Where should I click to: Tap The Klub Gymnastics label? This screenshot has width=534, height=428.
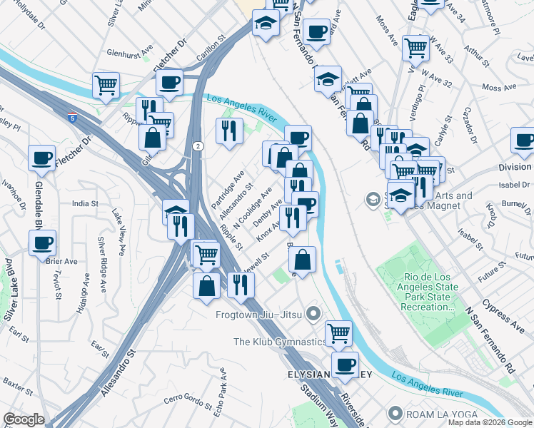[279, 342]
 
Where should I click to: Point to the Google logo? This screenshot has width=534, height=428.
[24, 419]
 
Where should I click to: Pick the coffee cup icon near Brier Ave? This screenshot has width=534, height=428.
[42, 243]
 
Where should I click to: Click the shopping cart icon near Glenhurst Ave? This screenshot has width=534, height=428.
[106, 85]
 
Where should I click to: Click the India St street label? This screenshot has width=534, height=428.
[85, 204]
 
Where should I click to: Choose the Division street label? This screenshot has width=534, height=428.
[515, 167]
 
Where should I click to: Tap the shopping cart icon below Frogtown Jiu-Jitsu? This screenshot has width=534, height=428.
[338, 332]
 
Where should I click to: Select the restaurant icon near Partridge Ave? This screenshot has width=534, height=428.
[229, 130]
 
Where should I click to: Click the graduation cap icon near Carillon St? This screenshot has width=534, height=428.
[266, 24]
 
